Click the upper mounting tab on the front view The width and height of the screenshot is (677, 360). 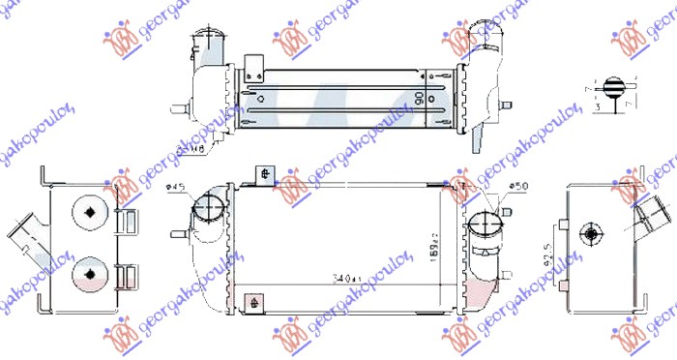coord(264,175)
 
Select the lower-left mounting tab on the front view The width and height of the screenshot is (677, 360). coord(253,301)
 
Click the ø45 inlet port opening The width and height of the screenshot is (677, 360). coord(207,207)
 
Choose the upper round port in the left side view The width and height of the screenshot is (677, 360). coord(89,212)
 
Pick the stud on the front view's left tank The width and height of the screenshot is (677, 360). coord(177,233)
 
